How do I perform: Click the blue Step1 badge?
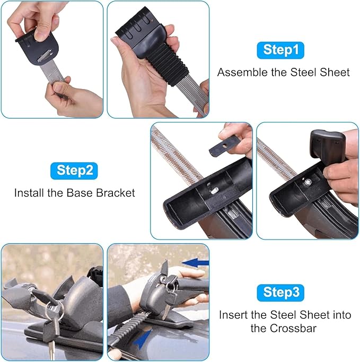click(x=280, y=50)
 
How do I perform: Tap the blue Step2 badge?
click(x=74, y=171)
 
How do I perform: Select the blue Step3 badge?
click(x=280, y=293)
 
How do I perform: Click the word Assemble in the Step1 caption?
click(x=242, y=72)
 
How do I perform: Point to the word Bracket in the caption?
click(x=116, y=193)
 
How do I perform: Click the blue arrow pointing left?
click(x=195, y=263)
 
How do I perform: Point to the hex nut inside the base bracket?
click(x=308, y=182)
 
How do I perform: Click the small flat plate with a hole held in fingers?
click(x=224, y=146)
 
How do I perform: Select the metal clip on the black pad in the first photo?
click(x=45, y=57)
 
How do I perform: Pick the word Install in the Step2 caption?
click(x=29, y=193)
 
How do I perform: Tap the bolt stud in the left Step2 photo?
click(x=214, y=190)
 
